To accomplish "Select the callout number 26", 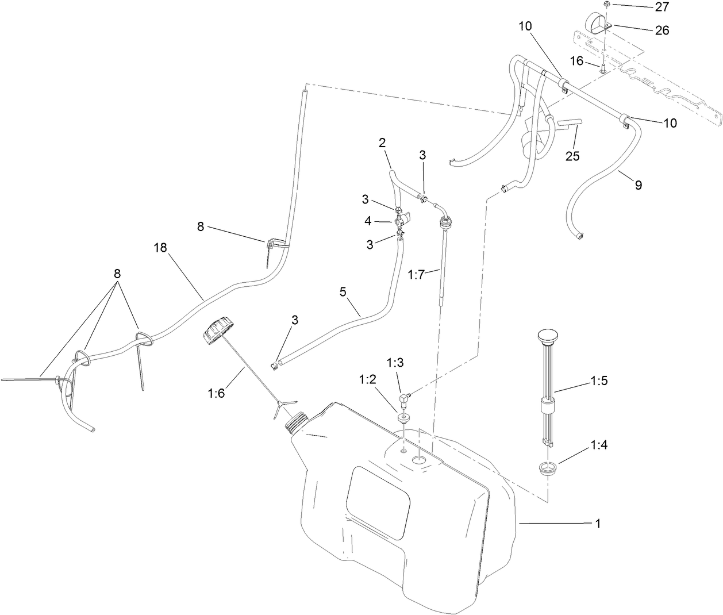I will coord(662,30).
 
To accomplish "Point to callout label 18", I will coord(161,248).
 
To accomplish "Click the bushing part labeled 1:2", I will coord(405,417).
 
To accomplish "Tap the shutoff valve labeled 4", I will coord(401,219).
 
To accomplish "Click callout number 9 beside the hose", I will coord(638,185).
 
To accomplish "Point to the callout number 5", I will coord(343,292).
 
